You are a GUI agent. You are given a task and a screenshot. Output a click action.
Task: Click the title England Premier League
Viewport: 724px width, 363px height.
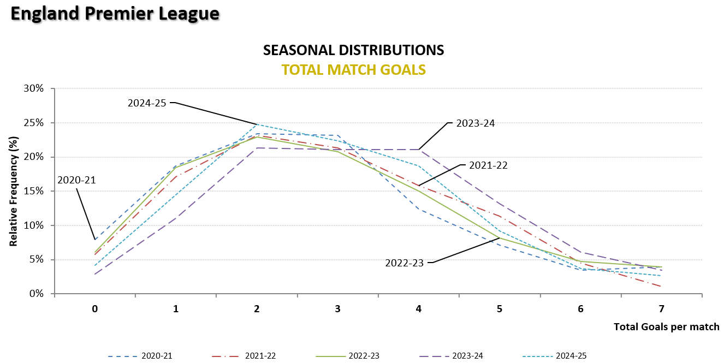pyautogui.click(x=115, y=14)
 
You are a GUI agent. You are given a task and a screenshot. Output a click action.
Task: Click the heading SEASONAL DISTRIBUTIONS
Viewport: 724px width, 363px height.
pyautogui.click(x=353, y=50)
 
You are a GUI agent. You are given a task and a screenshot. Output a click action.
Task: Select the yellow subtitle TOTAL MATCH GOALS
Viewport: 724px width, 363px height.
pyautogui.click(x=353, y=70)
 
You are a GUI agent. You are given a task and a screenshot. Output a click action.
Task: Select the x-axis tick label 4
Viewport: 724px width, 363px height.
pyautogui.click(x=419, y=309)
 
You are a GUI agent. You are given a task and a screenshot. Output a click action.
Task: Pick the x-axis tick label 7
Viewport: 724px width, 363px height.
pyautogui.click(x=661, y=309)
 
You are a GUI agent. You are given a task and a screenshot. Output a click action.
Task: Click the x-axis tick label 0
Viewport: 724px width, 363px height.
pyautogui.click(x=95, y=309)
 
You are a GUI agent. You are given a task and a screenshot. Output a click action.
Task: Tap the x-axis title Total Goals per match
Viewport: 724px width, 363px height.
pyautogui.click(x=666, y=327)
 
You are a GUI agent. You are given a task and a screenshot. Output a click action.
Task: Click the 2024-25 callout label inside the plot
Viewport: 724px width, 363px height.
pyautogui.click(x=147, y=102)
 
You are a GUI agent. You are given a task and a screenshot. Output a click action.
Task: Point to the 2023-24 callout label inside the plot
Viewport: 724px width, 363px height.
pyautogui.click(x=474, y=123)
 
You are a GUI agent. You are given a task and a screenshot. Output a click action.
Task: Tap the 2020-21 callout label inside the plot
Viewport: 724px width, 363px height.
pyautogui.click(x=77, y=180)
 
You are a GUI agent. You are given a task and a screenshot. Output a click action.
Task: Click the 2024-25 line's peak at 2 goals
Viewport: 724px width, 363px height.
pyautogui.click(x=257, y=124)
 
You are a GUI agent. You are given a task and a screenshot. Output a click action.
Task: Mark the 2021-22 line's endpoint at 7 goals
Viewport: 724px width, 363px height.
pyautogui.click(x=661, y=286)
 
